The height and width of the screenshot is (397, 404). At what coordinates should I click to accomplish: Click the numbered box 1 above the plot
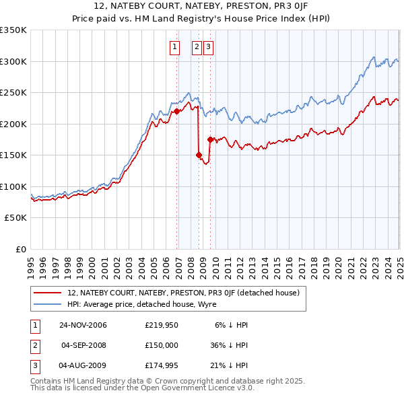pyautogui.click(x=174, y=47)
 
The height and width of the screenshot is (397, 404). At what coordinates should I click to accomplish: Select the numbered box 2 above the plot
pyautogui.click(x=197, y=47)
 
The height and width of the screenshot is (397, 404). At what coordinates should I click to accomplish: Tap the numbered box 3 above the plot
pyautogui.click(x=208, y=47)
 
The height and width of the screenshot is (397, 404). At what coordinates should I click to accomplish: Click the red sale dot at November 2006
pyautogui.click(x=176, y=111)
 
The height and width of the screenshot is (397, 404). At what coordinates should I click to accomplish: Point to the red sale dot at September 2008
pyautogui.click(x=199, y=155)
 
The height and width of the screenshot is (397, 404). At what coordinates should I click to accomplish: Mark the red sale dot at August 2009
pyautogui.click(x=210, y=139)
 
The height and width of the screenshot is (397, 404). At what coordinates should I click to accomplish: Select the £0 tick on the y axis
pyautogui.click(x=21, y=249)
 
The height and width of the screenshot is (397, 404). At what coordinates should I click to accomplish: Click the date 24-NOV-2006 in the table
pyautogui.click(x=83, y=325)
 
